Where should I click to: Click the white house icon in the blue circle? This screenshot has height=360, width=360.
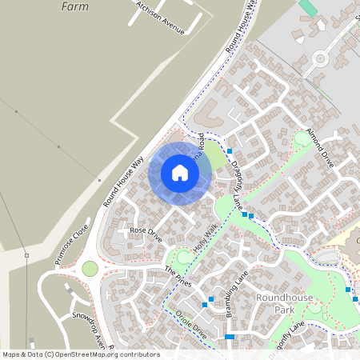coord(179,173)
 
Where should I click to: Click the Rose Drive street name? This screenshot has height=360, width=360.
coord(145,234)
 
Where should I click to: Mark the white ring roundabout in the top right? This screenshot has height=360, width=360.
coord(322,58)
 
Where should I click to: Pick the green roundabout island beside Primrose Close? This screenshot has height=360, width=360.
coord(90,269)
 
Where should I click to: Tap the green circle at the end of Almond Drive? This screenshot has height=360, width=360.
coord(302,138)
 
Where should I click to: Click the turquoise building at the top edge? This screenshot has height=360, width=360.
coord(308,7)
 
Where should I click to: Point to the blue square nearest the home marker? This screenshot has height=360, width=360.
coord(229,151)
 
